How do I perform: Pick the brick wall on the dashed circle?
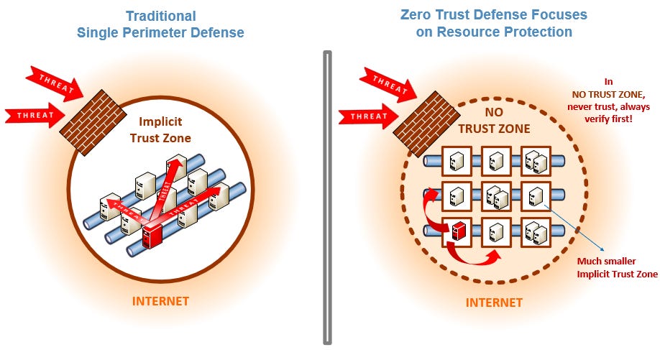pos(422,115)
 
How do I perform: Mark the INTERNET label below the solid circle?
pos(160,300)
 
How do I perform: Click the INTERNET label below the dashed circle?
pos(493,302)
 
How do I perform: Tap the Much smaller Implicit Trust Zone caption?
pos(616,267)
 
